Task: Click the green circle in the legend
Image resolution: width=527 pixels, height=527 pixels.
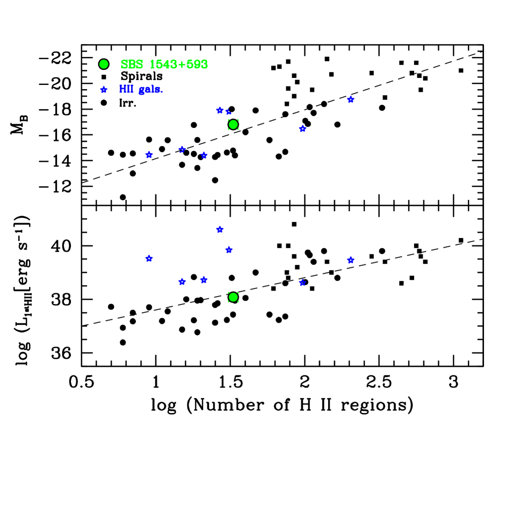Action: point(104,64)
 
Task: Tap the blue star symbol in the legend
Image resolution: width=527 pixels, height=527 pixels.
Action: point(104,90)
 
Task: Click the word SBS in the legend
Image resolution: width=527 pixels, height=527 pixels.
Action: point(132,64)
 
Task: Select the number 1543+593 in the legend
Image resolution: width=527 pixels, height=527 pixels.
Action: point(178,64)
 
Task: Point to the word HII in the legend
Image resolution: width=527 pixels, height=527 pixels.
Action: point(126,89)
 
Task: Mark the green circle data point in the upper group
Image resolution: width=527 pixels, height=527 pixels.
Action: point(233,125)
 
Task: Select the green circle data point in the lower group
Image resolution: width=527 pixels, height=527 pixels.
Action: point(233,297)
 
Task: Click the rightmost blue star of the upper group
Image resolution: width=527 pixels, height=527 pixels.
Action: point(351,99)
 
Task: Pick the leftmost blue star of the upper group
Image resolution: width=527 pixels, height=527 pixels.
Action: point(149,155)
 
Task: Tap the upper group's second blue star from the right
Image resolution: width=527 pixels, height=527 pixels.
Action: point(302,128)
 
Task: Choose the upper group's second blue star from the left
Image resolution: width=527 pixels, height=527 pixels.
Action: point(182,149)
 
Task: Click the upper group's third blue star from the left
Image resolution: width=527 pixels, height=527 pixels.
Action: point(204,155)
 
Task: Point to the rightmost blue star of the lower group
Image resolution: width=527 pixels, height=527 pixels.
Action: point(351,261)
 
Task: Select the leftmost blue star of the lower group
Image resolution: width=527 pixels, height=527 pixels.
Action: point(149,258)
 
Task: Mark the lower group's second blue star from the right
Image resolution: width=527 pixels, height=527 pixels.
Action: point(302,283)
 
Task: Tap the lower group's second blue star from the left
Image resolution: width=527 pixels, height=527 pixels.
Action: point(182,282)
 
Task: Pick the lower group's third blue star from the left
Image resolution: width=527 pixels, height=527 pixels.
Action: point(204,280)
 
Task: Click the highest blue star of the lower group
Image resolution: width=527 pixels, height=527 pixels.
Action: point(220,229)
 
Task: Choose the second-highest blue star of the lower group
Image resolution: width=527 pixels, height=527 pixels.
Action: point(229,250)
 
